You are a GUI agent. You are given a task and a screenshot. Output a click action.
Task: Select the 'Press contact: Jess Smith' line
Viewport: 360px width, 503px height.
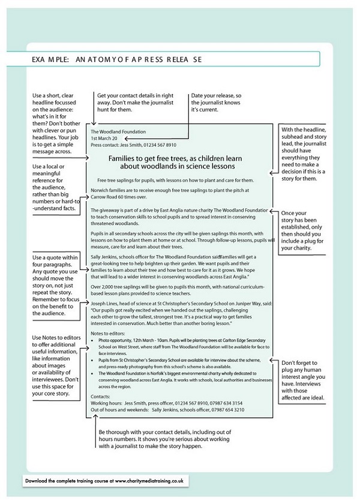pyautogui.click(x=133, y=145)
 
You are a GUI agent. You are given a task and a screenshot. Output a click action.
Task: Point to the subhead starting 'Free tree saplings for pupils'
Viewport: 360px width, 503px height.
pyautogui.click(x=175, y=180)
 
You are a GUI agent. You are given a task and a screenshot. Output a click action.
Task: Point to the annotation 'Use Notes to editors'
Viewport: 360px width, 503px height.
pyautogui.click(x=55, y=366)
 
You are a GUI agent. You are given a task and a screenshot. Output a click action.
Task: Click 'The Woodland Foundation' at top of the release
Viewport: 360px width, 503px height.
pyautogui.click(x=118, y=131)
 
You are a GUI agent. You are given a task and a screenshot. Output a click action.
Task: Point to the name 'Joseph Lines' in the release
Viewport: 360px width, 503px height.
pyautogui.click(x=106, y=304)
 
